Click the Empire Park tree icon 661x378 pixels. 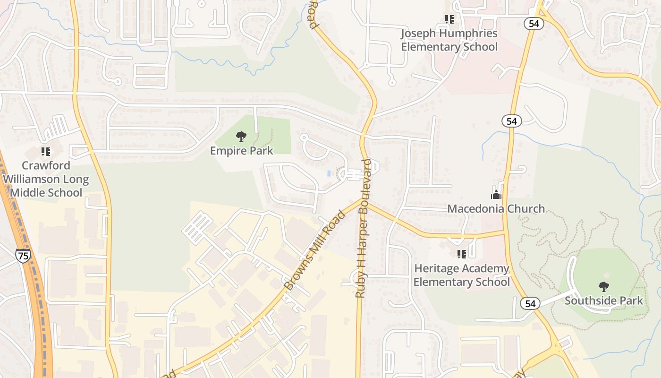(x=241, y=137)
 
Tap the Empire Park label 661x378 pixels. (x=242, y=151)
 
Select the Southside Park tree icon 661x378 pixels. (x=603, y=286)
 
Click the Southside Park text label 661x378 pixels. (x=604, y=301)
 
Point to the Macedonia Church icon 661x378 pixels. (x=496, y=195)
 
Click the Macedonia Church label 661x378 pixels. (x=496, y=208)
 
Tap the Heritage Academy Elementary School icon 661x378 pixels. (x=462, y=254)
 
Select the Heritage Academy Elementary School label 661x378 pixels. (x=462, y=275)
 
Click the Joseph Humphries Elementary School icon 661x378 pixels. (x=449, y=19)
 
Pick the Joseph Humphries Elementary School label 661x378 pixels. (x=449, y=40)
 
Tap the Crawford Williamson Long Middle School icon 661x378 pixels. (x=46, y=152)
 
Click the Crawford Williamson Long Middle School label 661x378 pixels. (x=46, y=179)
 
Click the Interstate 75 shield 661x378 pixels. (x=22, y=256)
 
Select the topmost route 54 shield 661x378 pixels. (x=534, y=24)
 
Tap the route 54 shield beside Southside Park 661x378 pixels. (x=530, y=303)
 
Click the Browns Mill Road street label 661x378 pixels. (x=315, y=250)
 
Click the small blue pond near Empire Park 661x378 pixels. (x=329, y=174)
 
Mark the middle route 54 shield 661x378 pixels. (x=511, y=121)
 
